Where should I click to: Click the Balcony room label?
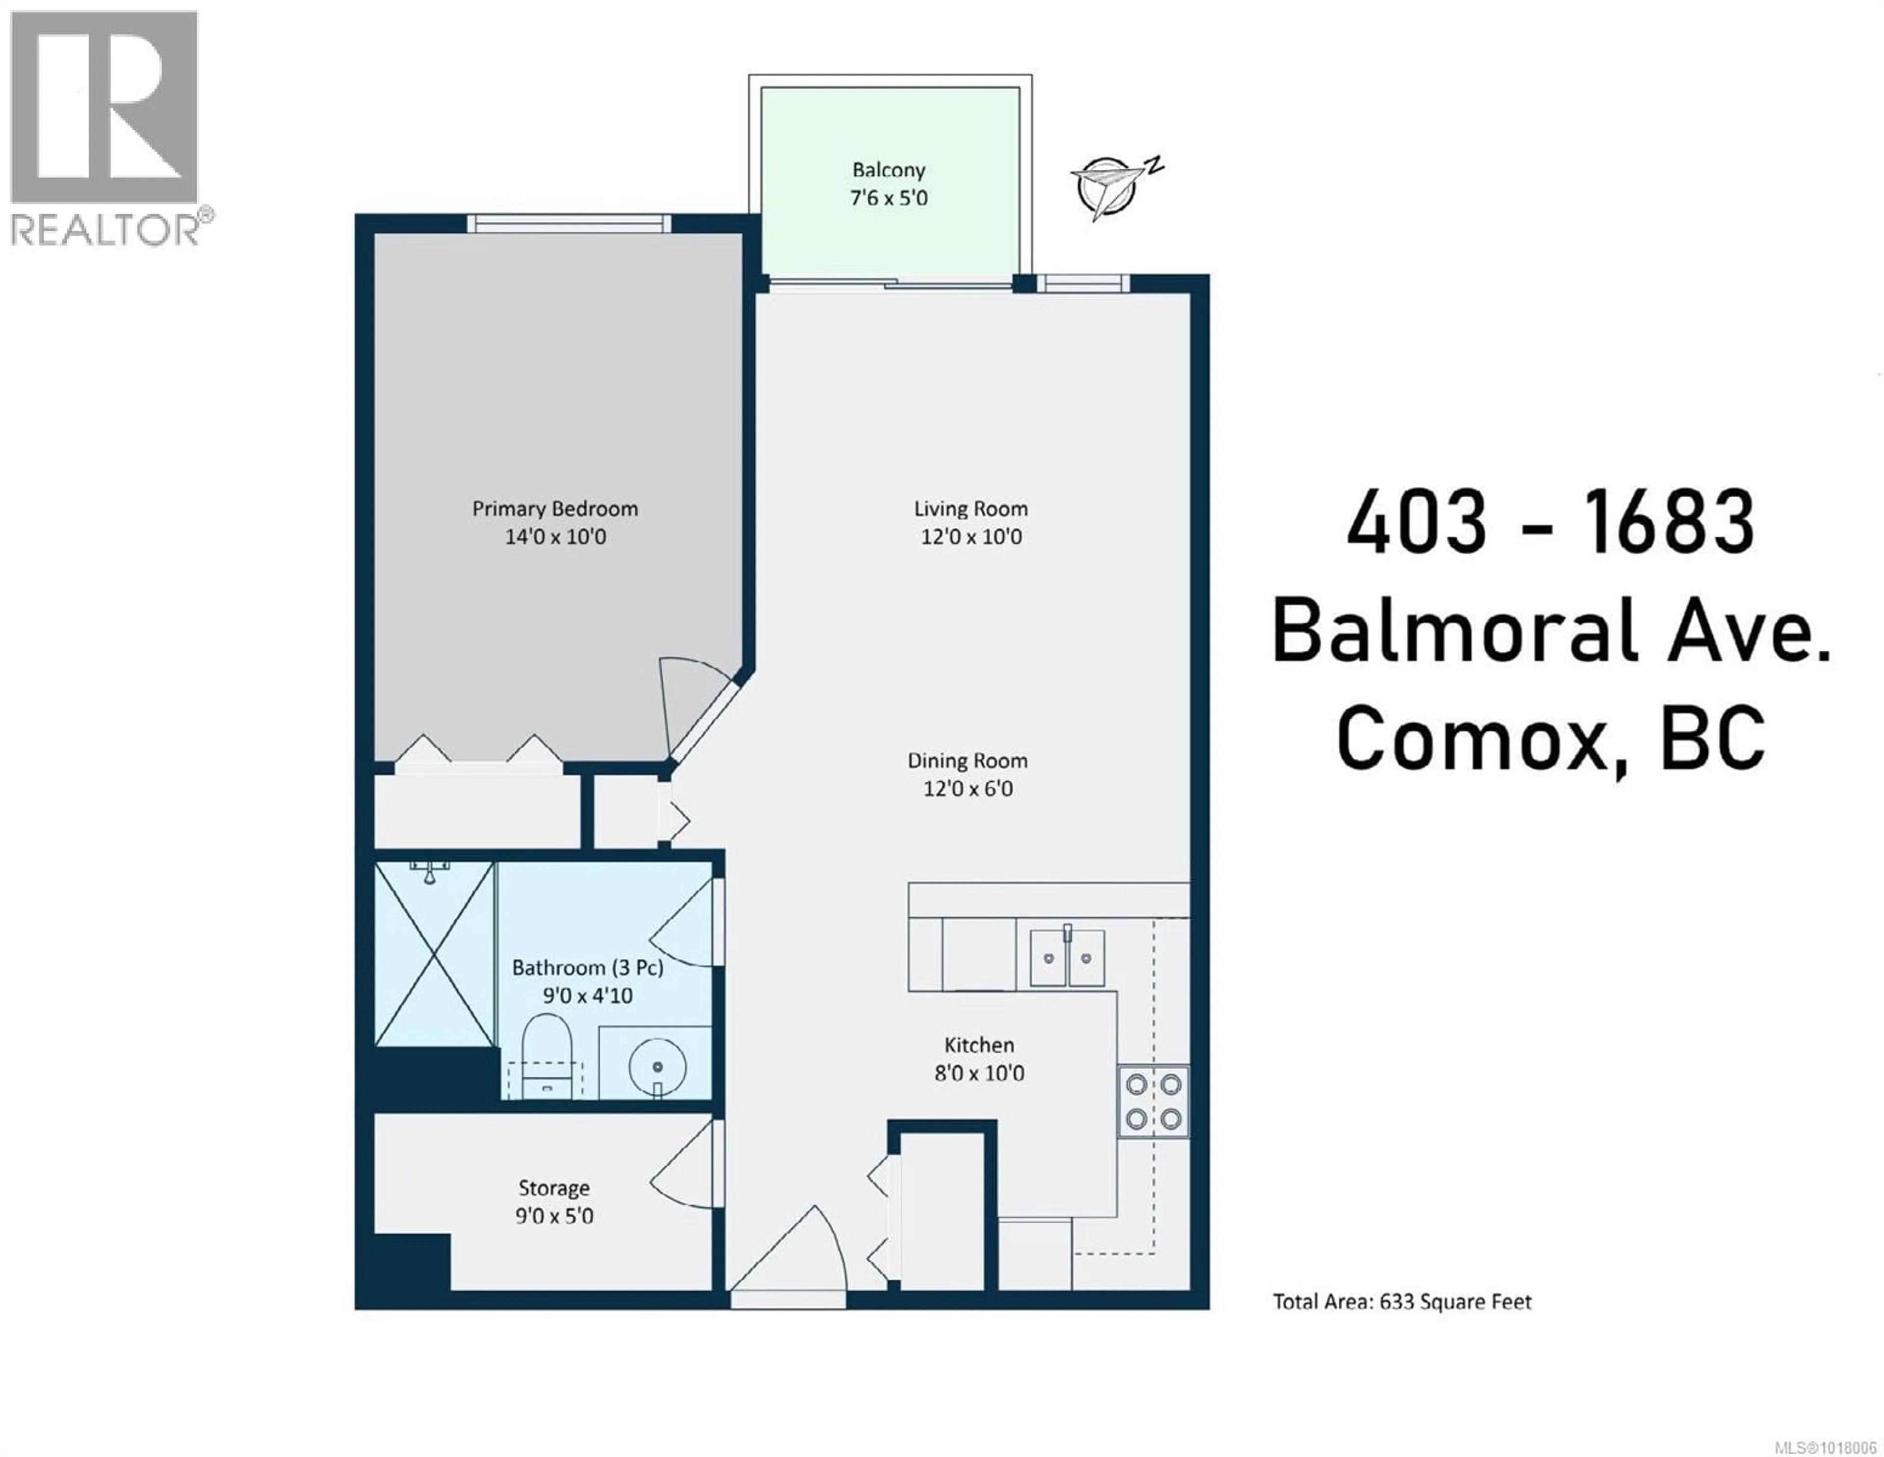coord(889,170)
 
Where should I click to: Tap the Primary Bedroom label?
coord(555,509)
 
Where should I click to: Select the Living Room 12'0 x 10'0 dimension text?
coord(971,536)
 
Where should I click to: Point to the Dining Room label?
coord(967,761)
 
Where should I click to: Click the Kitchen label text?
coord(979,1046)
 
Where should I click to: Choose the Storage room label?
coord(554,1189)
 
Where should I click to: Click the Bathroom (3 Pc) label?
coord(587,968)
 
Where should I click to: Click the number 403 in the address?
coord(1416,522)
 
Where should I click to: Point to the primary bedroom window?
coord(569,223)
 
